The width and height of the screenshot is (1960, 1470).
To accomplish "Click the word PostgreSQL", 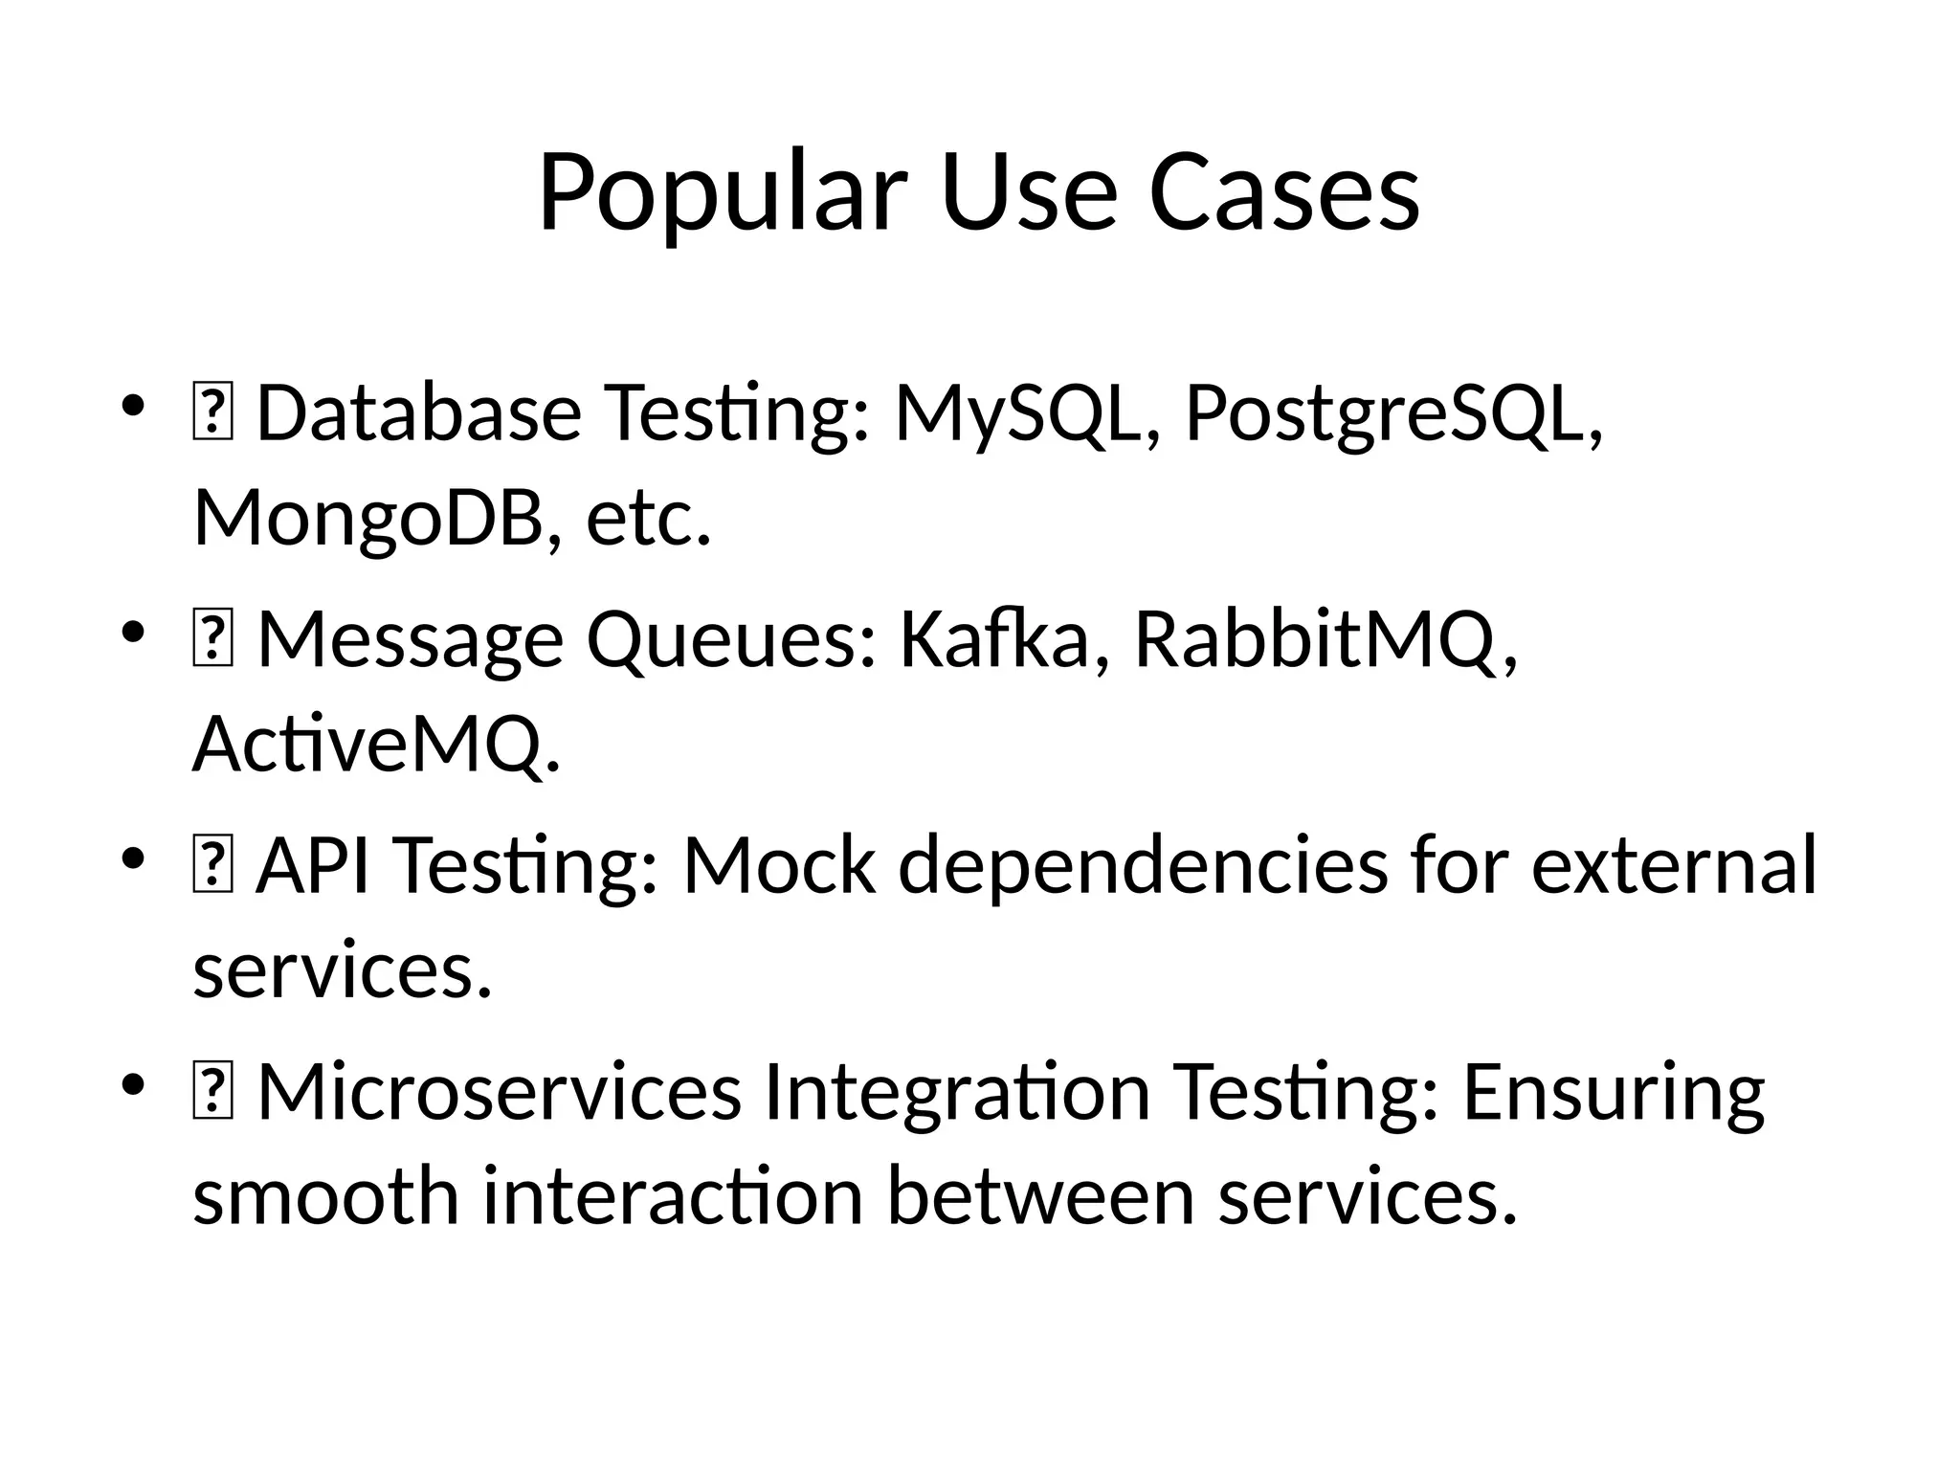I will pos(1392,413).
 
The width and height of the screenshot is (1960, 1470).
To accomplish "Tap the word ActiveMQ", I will pos(376,745).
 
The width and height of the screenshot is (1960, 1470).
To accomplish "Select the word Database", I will pos(419,413).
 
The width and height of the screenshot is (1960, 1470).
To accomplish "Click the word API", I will pos(313,865).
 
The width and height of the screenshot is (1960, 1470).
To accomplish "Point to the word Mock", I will pos(778,865).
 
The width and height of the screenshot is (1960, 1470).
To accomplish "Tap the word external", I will pos(1673,865).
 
